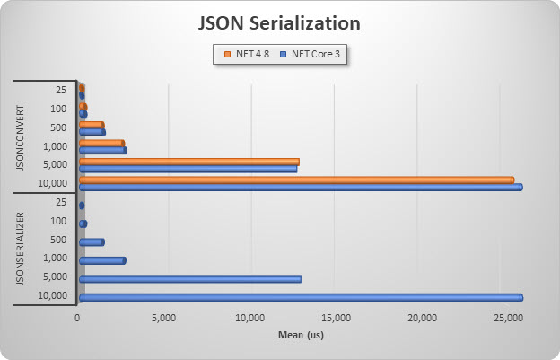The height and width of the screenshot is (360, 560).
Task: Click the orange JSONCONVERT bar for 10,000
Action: tap(296, 180)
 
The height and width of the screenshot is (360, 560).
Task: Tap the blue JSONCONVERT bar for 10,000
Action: tap(301, 187)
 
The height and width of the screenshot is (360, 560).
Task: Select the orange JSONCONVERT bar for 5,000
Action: tap(188, 162)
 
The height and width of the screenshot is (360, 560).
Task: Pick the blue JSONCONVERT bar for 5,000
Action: tap(188, 169)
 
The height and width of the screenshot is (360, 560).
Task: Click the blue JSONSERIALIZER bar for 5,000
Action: tap(189, 279)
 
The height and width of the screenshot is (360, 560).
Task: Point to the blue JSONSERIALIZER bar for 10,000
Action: tap(301, 297)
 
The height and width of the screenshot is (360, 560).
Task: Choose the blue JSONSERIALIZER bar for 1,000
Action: tap(102, 260)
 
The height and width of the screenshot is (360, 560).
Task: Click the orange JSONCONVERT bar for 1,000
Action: tap(101, 143)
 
